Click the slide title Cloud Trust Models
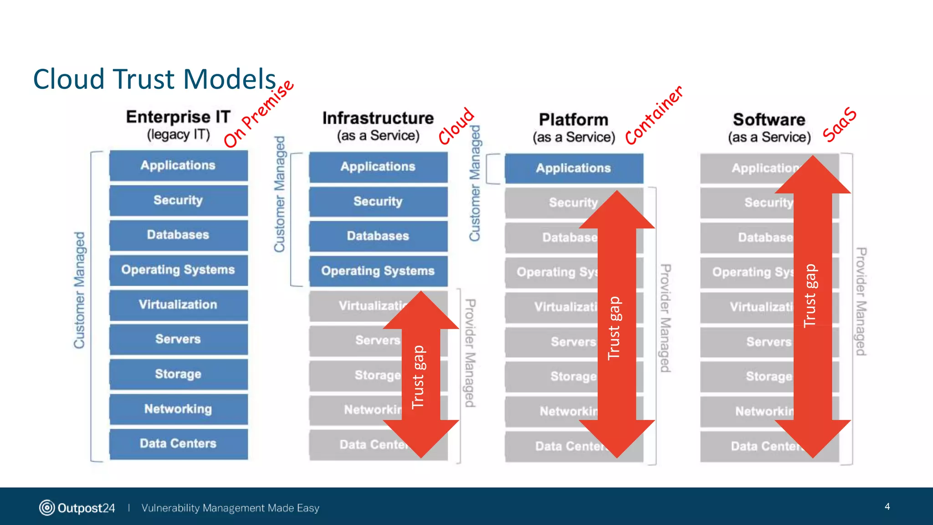click(154, 79)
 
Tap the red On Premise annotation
click(259, 114)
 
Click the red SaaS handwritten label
click(840, 124)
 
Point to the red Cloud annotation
click(456, 126)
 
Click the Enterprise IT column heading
click(178, 117)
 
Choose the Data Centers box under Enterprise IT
click(178, 443)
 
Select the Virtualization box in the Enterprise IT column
click(178, 304)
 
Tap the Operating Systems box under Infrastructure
click(378, 271)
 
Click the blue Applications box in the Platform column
click(573, 168)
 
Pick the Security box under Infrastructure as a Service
click(378, 201)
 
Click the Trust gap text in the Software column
click(810, 295)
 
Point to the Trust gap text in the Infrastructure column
click(418, 377)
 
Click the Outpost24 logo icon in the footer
click(47, 508)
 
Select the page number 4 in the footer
click(887, 506)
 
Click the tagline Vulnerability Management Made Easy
click(230, 508)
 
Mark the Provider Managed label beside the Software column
click(861, 301)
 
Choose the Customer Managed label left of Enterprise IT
click(79, 290)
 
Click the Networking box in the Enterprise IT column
click(178, 409)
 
